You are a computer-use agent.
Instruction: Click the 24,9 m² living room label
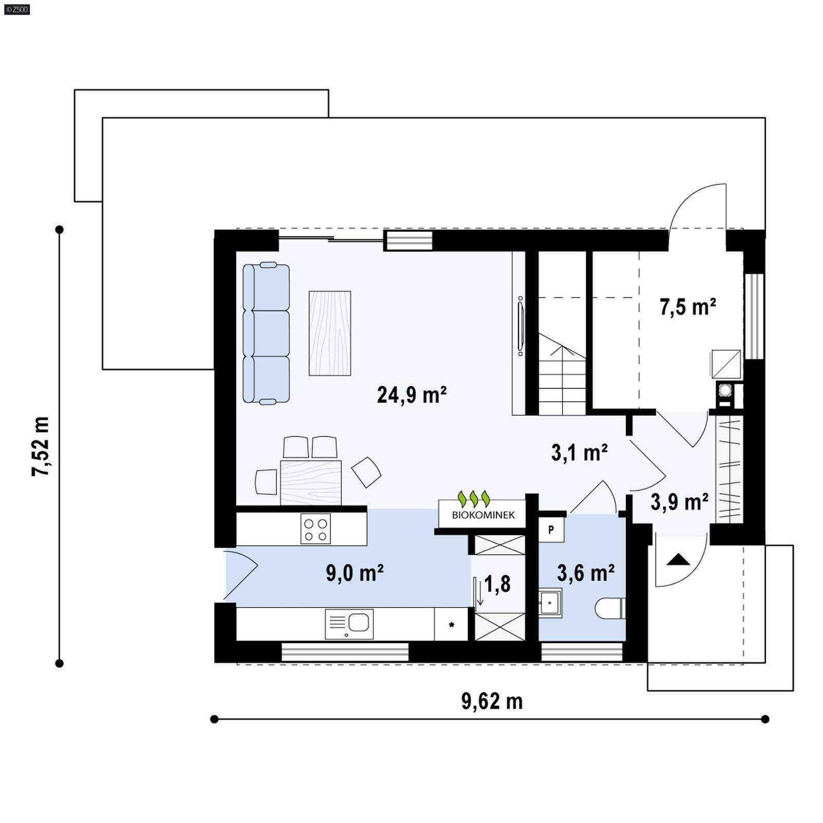point(411,395)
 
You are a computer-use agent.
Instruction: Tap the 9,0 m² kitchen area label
point(354,572)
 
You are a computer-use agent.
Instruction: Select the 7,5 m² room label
point(688,307)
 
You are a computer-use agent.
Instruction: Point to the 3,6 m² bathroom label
point(585,572)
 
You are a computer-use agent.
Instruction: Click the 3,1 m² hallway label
point(579,453)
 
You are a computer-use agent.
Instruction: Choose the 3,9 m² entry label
point(679,502)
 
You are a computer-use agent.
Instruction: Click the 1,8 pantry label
point(497,584)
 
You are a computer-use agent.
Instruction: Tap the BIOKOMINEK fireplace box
point(482,513)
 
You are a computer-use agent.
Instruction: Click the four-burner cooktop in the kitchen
point(315,529)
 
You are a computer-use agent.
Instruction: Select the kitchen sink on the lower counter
point(349,624)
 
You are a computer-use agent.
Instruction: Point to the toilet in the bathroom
point(610,609)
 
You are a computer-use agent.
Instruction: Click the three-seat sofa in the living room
point(266,333)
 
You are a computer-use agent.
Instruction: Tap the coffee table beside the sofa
point(330,333)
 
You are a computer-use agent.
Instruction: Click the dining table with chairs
point(311,481)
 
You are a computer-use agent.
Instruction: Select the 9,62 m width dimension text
point(492,701)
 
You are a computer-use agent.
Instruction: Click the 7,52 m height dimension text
point(41,446)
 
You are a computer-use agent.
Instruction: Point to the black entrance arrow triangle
point(677,560)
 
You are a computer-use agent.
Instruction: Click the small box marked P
point(551,529)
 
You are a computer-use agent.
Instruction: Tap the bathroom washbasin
point(549,602)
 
